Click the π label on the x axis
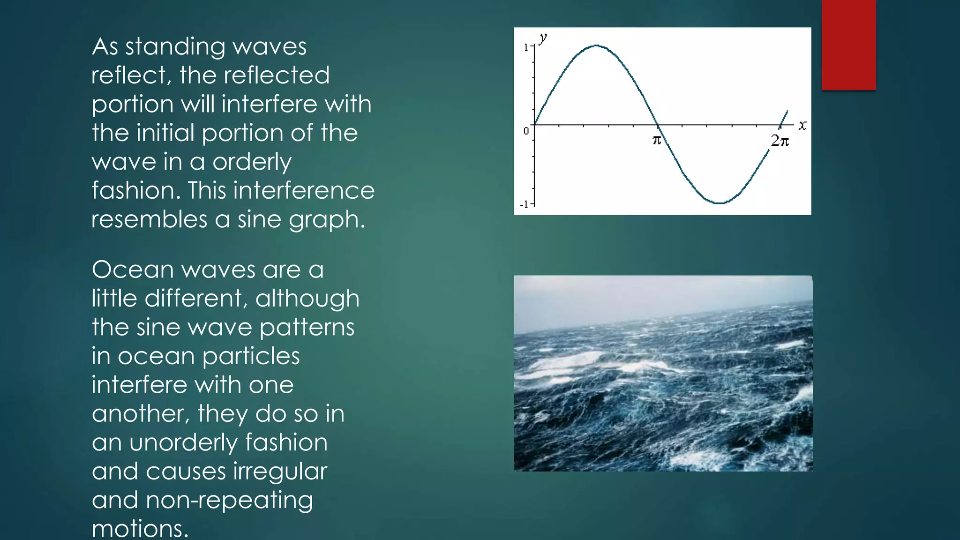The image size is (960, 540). (657, 140)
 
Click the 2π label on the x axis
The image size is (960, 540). (780, 140)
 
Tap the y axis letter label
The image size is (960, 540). (543, 37)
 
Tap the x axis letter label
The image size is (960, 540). (802, 125)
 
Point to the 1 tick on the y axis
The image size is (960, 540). (526, 47)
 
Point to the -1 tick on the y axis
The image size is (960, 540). (525, 204)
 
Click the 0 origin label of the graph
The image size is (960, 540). (526, 131)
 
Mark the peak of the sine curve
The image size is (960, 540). (596, 45)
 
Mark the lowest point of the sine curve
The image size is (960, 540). (719, 203)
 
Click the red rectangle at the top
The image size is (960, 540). (848, 45)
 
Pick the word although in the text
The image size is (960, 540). (307, 299)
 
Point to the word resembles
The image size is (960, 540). (149, 219)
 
